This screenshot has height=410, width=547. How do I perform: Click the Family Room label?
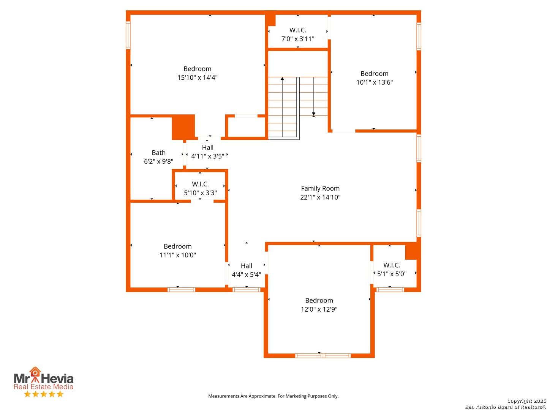[320, 188]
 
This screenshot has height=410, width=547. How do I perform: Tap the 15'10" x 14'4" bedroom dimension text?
[198, 77]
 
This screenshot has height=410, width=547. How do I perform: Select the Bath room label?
[158, 153]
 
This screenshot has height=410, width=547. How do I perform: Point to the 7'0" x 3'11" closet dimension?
[298, 39]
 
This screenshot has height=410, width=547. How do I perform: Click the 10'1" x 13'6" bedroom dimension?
[374, 82]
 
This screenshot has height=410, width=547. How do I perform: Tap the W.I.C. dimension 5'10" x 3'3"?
[200, 193]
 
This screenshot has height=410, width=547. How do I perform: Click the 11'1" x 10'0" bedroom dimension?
[177, 255]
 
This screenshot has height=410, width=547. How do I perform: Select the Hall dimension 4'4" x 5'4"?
[246, 274]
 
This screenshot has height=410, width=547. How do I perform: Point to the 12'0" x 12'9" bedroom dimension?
[319, 309]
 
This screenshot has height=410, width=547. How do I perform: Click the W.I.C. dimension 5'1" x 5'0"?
[392, 274]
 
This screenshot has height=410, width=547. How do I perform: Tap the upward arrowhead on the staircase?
[282, 79]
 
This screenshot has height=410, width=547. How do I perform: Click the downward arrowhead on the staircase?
[313, 114]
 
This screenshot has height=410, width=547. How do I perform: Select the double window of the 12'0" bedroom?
[323, 356]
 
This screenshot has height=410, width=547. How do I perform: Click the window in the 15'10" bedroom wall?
[128, 35]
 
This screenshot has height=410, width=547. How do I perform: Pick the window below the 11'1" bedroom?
[181, 290]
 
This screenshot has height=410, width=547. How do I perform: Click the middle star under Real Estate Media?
[44, 394]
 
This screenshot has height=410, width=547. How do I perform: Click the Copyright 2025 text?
[526, 401]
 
